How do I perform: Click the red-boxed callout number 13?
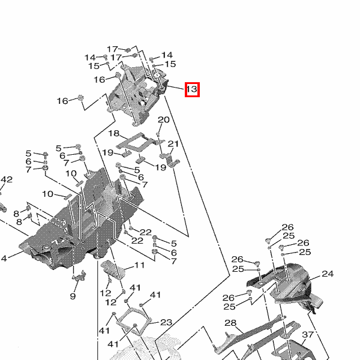pyautogui.click(x=191, y=89)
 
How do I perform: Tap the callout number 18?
pyautogui.click(x=113, y=133)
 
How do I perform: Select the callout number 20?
pyautogui.click(x=163, y=120)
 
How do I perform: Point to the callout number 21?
pyautogui.click(x=173, y=144)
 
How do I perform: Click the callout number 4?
pyautogui.click(x=3, y=259)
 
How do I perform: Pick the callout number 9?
pyautogui.click(x=73, y=296)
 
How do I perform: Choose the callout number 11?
pyautogui.click(x=139, y=265)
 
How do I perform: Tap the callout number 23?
pyautogui.click(x=166, y=323)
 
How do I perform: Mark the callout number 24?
pyautogui.click(x=327, y=274)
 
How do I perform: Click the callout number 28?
pyautogui.click(x=231, y=324)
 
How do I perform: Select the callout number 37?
pyautogui.click(x=308, y=334)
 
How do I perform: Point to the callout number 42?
pyautogui.click(x=6, y=179)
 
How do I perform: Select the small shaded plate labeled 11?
pyautogui.click(x=116, y=269)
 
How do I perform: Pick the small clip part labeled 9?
pyautogui.click(x=79, y=275)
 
